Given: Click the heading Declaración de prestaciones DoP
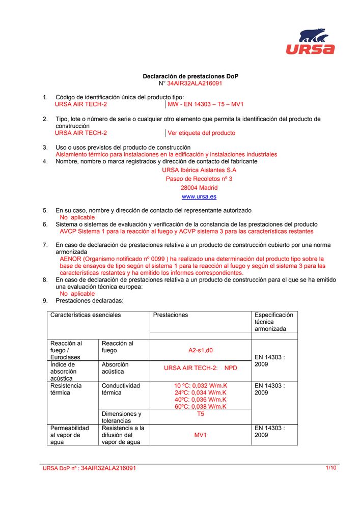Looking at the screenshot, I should (190, 76).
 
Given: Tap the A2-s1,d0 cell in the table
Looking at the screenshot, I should (200, 350).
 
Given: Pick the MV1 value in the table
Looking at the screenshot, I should (200, 435).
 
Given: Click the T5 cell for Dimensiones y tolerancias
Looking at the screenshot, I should (200, 414).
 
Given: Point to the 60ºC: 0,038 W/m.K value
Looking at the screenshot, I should (200, 407).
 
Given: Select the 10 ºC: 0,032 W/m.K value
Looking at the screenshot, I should (200, 386).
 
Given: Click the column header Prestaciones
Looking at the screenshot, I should (171, 315).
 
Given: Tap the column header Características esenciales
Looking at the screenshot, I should (86, 315).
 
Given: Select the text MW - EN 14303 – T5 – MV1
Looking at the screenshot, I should (206, 104).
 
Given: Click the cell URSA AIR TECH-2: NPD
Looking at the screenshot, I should (200, 368).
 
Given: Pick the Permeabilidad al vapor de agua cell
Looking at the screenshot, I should (70, 435).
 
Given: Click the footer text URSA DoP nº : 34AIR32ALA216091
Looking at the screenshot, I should (89, 468).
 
